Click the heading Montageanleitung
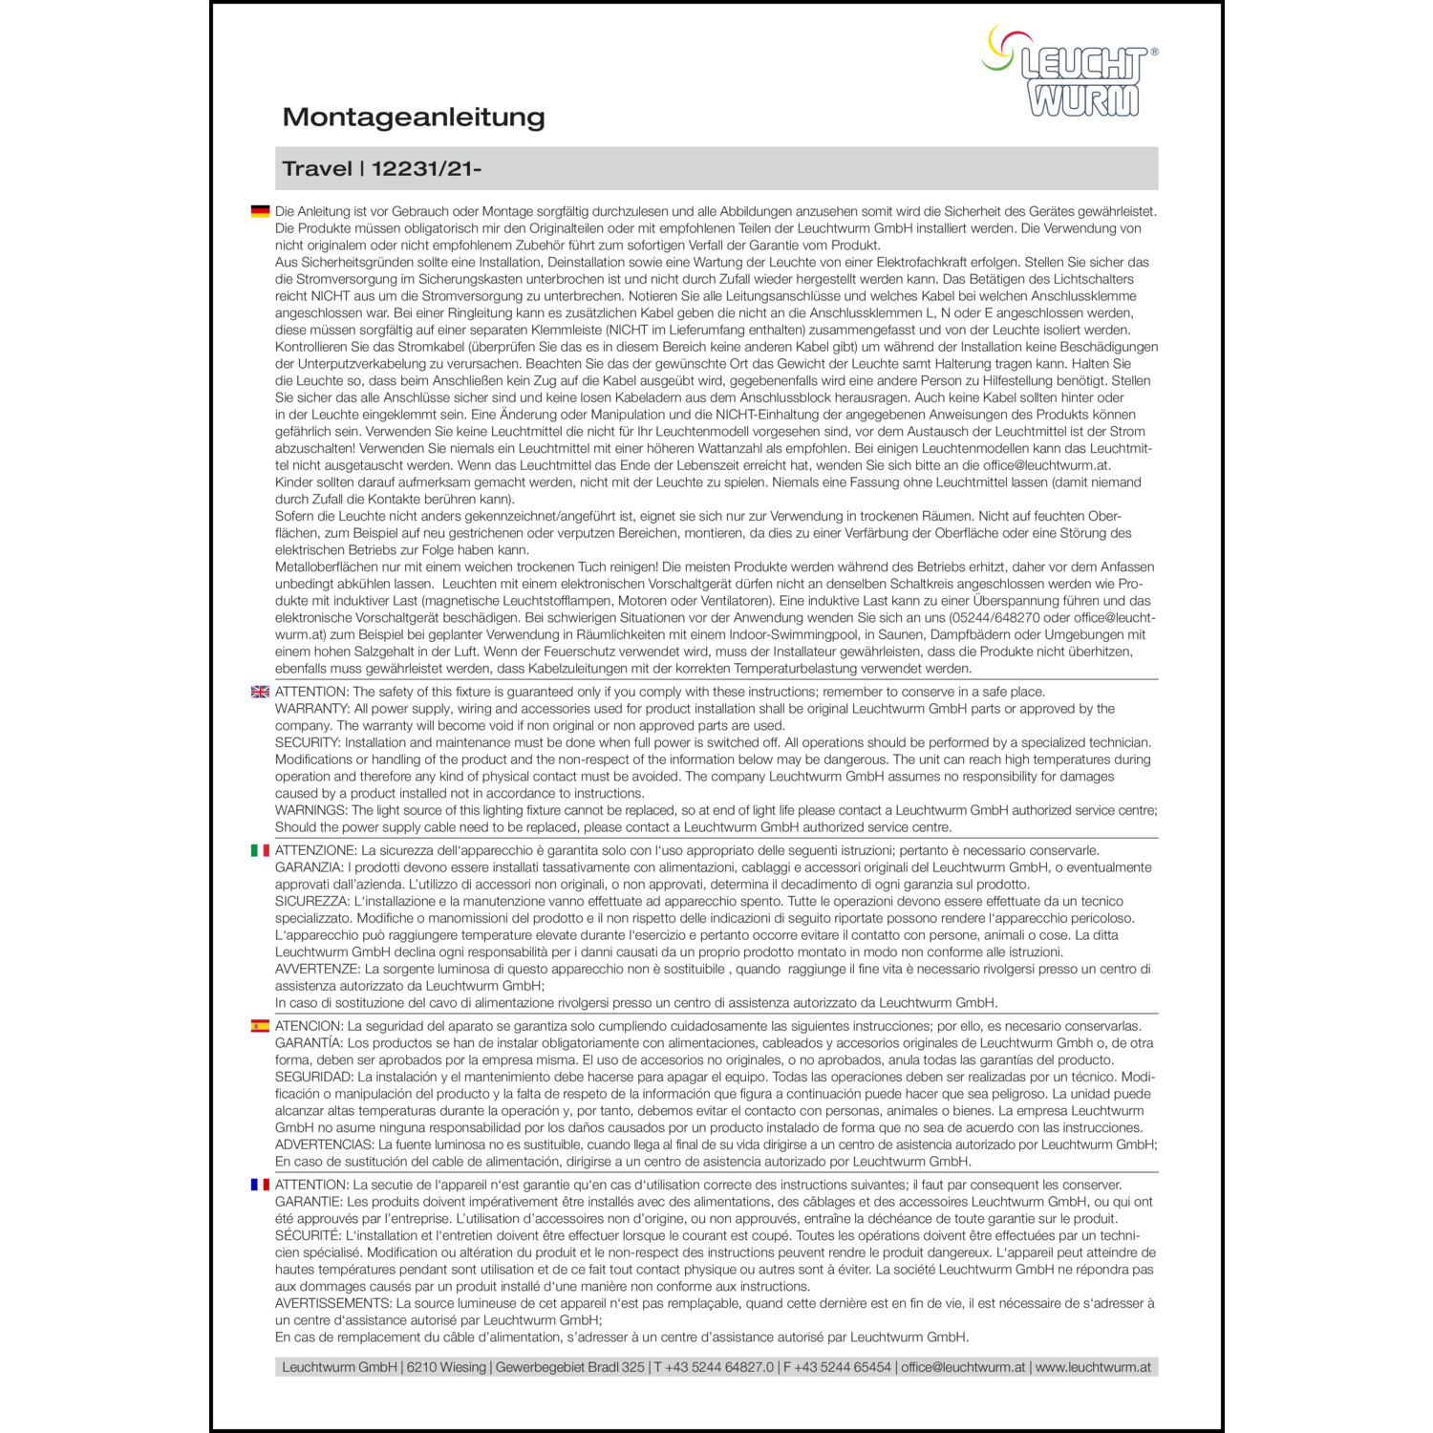(414, 118)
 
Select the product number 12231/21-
(426, 169)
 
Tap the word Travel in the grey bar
(317, 169)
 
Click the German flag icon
(260, 211)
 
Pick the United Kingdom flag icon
(260, 692)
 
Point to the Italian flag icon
(260, 850)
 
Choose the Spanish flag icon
(260, 1026)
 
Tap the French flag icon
(260, 1185)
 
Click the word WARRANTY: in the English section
(312, 709)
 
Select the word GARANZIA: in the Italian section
(310, 867)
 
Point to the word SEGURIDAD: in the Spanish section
(314, 1077)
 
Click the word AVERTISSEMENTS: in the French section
(333, 1303)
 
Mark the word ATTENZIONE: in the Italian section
(315, 850)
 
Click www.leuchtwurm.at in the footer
(1093, 1367)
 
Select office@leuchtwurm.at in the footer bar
(963, 1367)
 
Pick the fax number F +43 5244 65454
(837, 1367)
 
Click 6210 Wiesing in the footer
(446, 1367)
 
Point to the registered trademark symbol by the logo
(1154, 53)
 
